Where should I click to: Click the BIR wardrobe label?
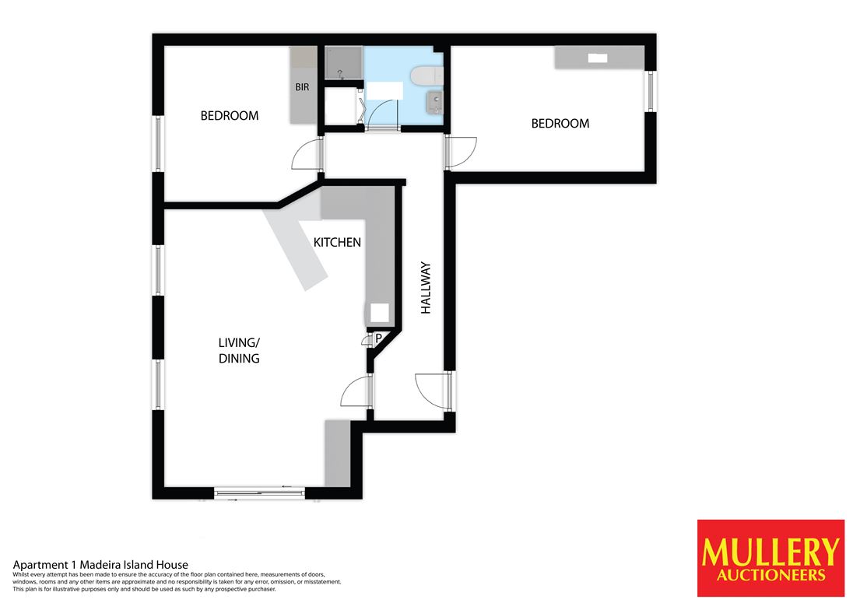(x=302, y=87)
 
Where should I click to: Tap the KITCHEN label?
(x=337, y=242)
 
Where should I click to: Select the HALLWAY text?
(x=426, y=288)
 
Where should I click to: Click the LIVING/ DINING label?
(x=239, y=350)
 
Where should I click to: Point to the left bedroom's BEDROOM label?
(x=230, y=116)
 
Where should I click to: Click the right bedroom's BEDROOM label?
(x=560, y=124)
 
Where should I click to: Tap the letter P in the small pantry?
(x=378, y=338)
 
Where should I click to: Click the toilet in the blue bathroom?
(x=427, y=76)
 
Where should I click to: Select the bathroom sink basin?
(x=434, y=102)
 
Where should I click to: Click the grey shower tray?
(x=343, y=63)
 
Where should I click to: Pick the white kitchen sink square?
(x=380, y=314)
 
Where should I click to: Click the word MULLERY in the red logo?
(x=771, y=552)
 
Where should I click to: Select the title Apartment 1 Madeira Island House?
(x=100, y=565)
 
